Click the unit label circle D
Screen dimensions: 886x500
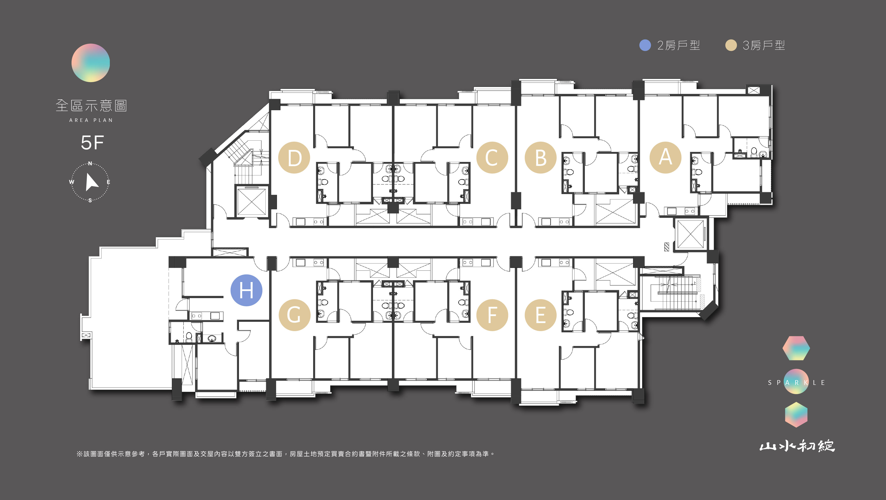click(x=294, y=158)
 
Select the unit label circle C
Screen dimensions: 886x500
click(x=492, y=158)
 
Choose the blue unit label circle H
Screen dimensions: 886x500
click(x=246, y=290)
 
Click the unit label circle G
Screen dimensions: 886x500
click(x=294, y=315)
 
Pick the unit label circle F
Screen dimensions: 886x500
click(x=492, y=315)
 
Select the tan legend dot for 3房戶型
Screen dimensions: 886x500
click(x=731, y=45)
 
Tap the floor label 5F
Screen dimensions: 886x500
click(x=92, y=142)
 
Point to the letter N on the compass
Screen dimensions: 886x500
click(x=90, y=163)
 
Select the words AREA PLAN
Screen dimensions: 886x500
click(x=91, y=120)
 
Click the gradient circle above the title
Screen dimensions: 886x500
click(x=91, y=63)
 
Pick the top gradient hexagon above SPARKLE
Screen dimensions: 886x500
click(x=796, y=348)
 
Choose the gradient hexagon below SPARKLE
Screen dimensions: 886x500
click(x=796, y=415)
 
